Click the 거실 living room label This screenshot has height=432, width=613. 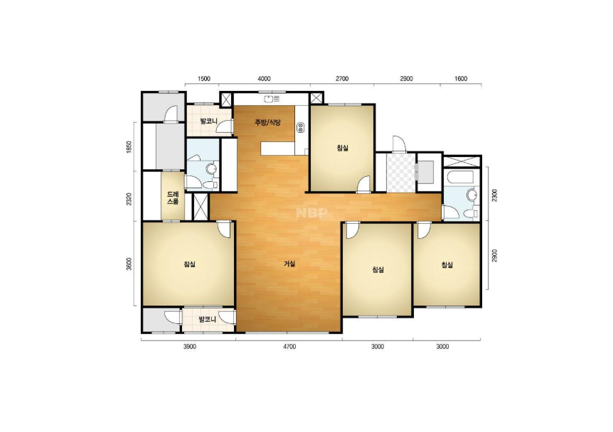tap(289, 264)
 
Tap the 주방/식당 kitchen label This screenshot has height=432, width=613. tap(268, 122)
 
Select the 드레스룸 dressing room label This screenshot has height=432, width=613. tap(173, 198)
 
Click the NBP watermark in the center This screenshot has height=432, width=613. tap(311, 213)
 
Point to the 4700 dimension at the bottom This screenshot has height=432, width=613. tap(289, 347)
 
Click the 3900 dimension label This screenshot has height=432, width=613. tap(190, 347)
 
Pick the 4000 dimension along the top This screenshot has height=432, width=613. tap(265, 78)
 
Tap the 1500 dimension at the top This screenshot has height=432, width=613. tap(204, 78)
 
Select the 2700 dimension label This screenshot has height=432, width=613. tap(342, 78)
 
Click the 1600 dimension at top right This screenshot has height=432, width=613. tap(462, 78)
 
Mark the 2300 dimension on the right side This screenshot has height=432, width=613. tap(494, 195)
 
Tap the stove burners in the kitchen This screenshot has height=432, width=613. tap(301, 126)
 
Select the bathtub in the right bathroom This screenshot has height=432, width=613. tap(459, 177)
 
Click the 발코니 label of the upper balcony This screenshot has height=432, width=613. tap(208, 121)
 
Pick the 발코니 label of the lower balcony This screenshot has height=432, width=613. tap(207, 319)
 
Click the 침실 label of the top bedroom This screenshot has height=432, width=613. tap(343, 148)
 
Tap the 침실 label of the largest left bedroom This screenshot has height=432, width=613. tap(189, 264)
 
